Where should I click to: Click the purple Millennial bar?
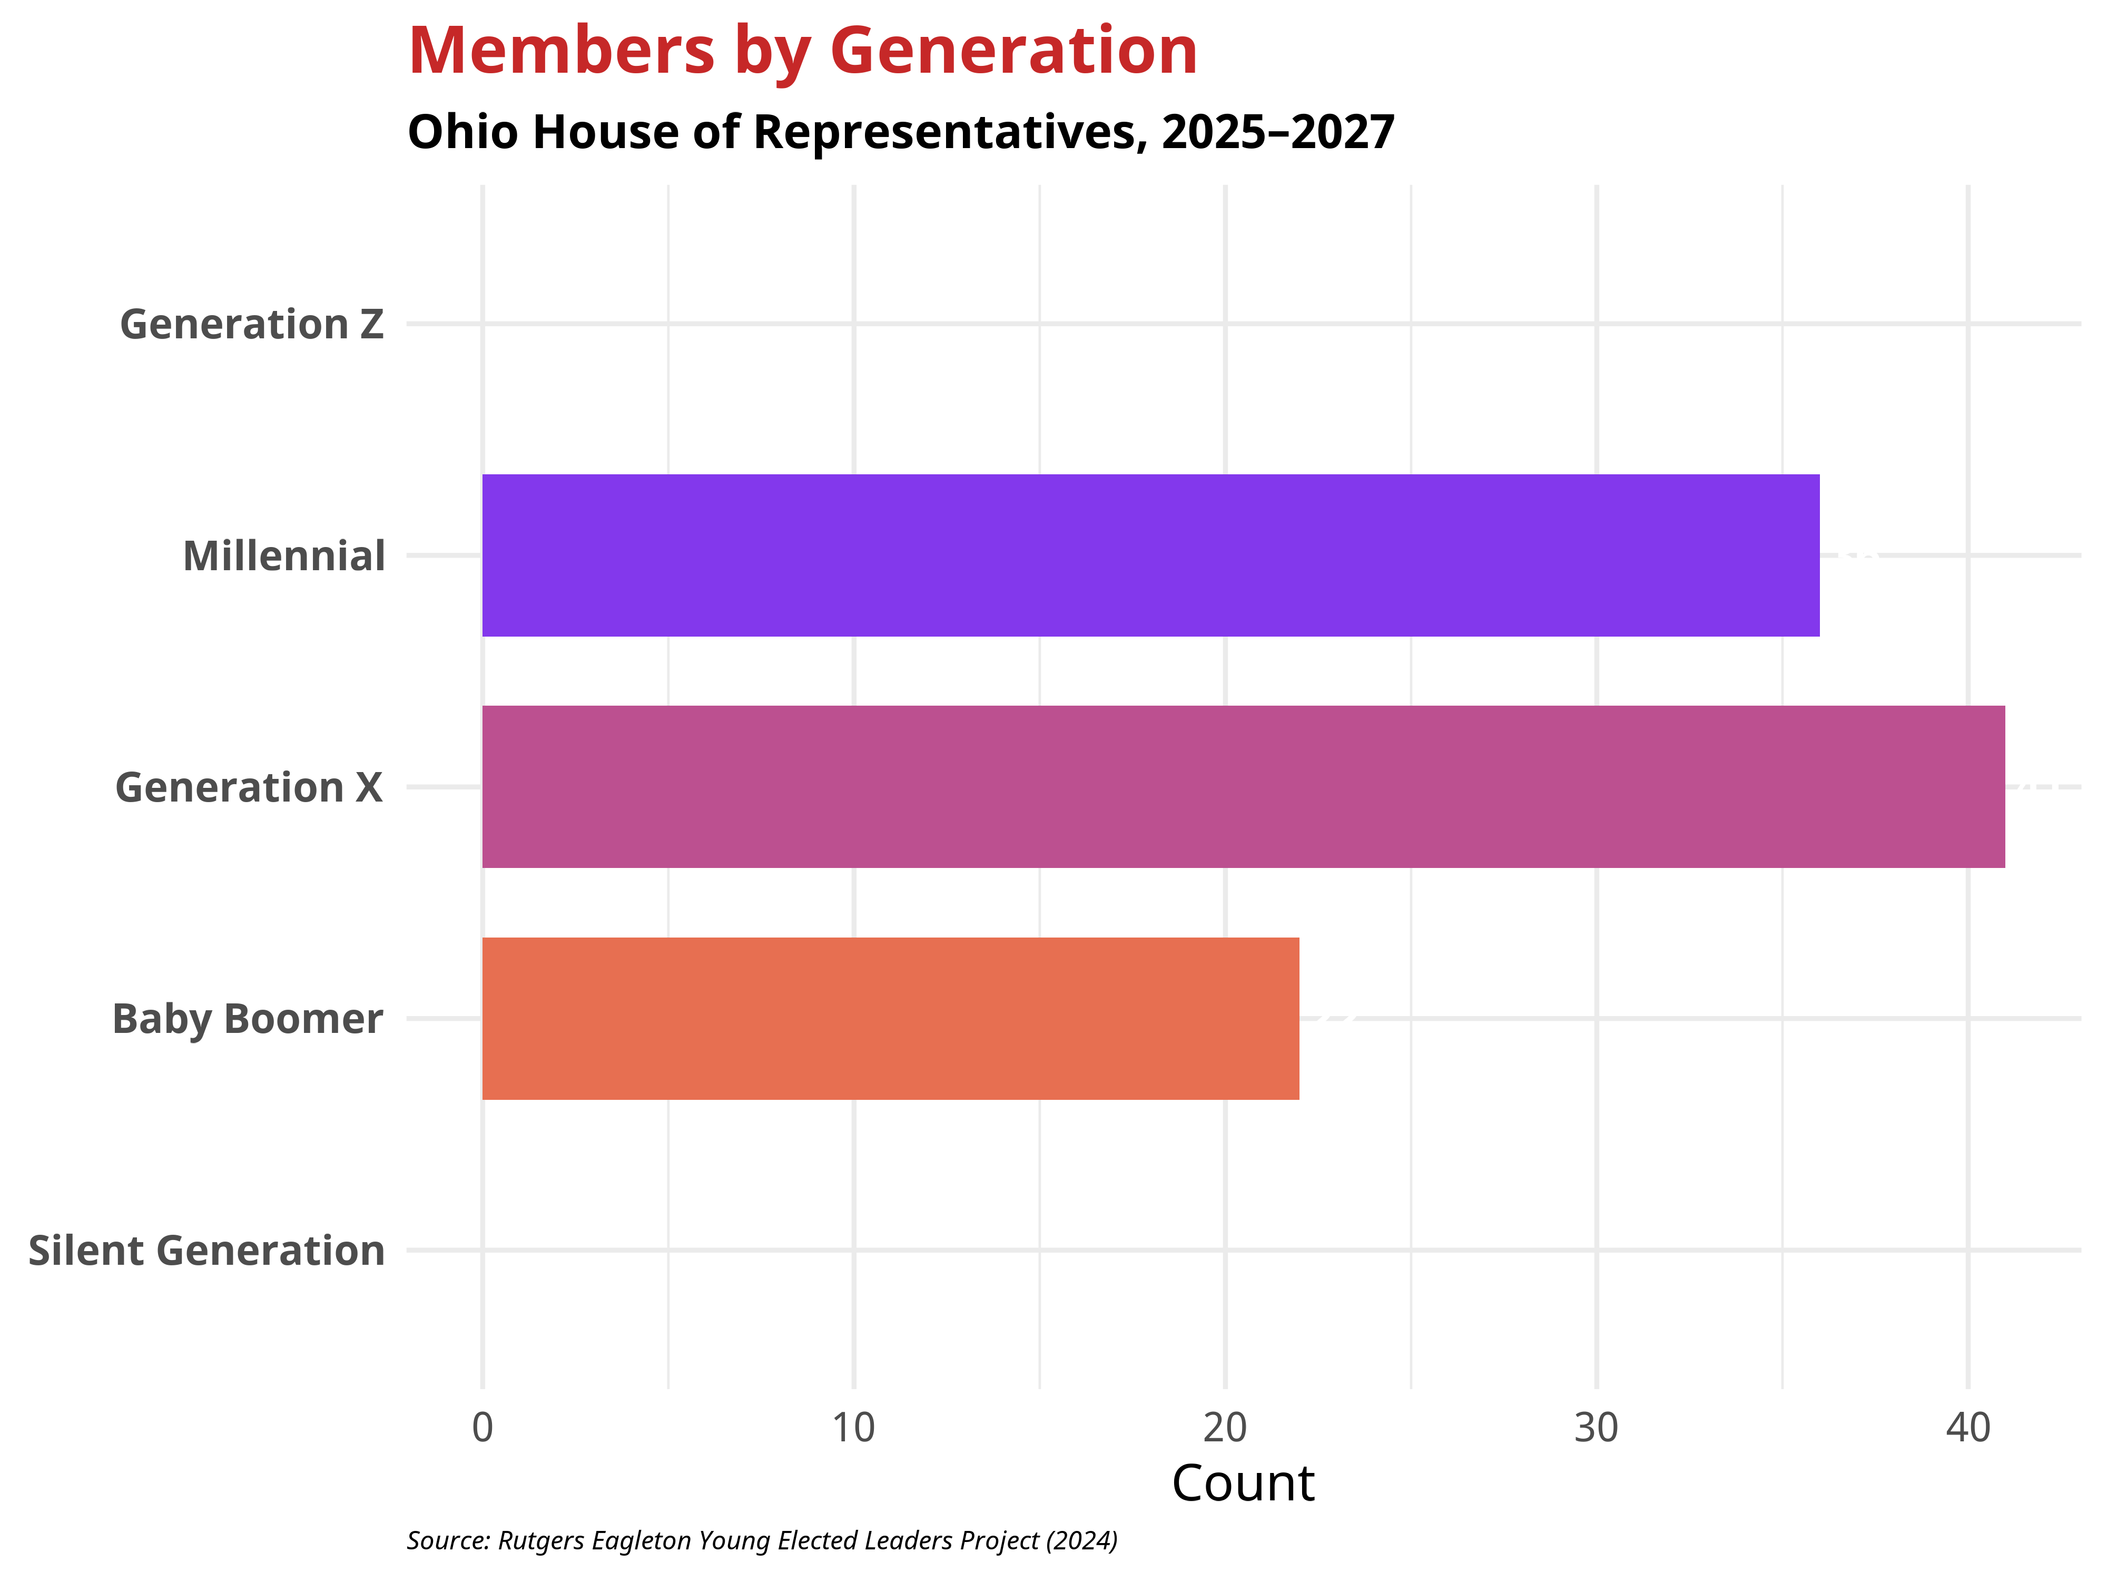pyautogui.click(x=1150, y=555)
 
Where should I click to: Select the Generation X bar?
pyautogui.click(x=1243, y=787)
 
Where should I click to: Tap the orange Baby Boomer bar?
pyautogui.click(x=891, y=1019)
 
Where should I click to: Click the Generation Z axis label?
pyautogui.click(x=251, y=325)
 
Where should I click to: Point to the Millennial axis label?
pyautogui.click(x=284, y=557)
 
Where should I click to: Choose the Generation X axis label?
pyautogui.click(x=249, y=788)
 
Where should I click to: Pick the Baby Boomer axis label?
pyautogui.click(x=248, y=1020)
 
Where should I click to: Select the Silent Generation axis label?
pyautogui.click(x=206, y=1251)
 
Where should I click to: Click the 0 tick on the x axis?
pyautogui.click(x=483, y=1428)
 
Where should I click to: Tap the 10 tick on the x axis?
pyautogui.click(x=853, y=1428)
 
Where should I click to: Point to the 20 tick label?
pyautogui.click(x=1225, y=1428)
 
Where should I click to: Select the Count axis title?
pyautogui.click(x=1243, y=1484)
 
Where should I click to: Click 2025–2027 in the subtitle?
pyautogui.click(x=1278, y=132)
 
